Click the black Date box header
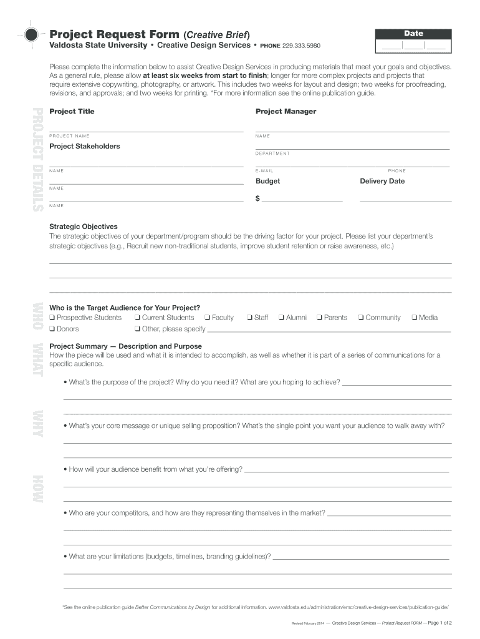point(413,34)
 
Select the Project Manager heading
point(286,111)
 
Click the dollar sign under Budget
point(257,198)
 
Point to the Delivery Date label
point(382,181)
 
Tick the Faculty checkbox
point(208,318)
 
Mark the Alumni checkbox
point(281,318)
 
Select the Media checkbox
point(415,318)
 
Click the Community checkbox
point(361,318)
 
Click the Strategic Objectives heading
point(84,227)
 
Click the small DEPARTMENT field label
point(272,154)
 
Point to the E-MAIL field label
point(264,171)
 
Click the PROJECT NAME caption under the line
point(69,136)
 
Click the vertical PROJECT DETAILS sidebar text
point(37,160)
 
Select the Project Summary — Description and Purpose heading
point(125,346)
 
